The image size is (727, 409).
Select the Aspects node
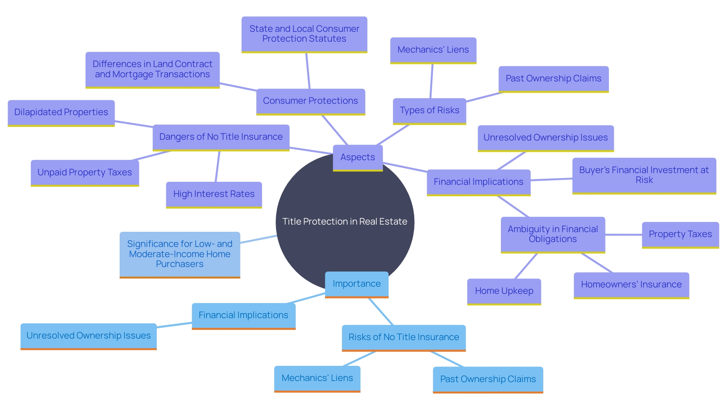point(357,158)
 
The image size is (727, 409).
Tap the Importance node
point(356,284)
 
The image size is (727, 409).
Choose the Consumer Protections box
point(310,101)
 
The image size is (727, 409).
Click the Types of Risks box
point(429,111)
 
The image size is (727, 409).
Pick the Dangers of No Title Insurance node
point(221,137)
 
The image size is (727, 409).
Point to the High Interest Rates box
point(214,194)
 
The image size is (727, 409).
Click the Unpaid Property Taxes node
point(85,173)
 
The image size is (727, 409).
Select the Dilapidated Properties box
point(61,112)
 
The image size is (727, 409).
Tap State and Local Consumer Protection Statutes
point(304,34)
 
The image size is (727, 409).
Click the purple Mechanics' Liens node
point(433,50)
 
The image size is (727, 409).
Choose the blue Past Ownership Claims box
point(488,379)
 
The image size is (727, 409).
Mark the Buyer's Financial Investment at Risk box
point(644,175)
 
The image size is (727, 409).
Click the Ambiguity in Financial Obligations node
point(553,234)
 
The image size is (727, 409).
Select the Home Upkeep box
point(504,291)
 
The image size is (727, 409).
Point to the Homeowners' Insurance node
point(631,285)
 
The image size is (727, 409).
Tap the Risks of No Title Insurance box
point(404,337)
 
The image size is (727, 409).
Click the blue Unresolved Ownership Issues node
point(89,336)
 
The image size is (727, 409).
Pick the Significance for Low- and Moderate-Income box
point(180,254)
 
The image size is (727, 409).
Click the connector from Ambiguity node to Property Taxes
point(624,235)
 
